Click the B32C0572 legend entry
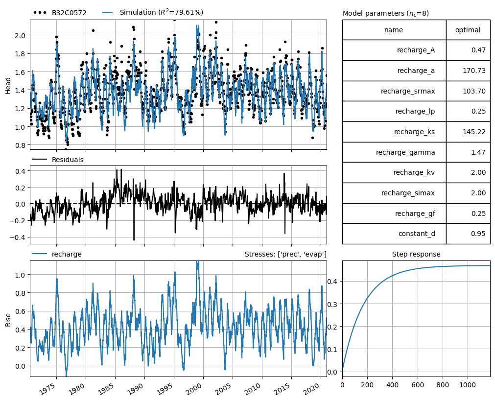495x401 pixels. coord(69,13)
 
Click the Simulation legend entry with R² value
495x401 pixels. coord(161,12)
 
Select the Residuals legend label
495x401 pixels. coord(67,160)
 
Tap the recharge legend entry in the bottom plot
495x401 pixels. coord(66,254)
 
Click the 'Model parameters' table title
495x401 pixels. coord(385,13)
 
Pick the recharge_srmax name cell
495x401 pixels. coord(407,91)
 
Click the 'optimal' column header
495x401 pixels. coord(468,30)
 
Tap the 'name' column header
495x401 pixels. coord(394,30)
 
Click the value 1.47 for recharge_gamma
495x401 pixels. coord(477,152)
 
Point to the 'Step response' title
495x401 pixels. coord(416,254)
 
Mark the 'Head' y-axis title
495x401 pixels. coord(8,85)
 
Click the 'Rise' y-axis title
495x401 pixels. coord(8,319)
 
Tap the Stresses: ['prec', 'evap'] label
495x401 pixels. coord(285,254)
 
